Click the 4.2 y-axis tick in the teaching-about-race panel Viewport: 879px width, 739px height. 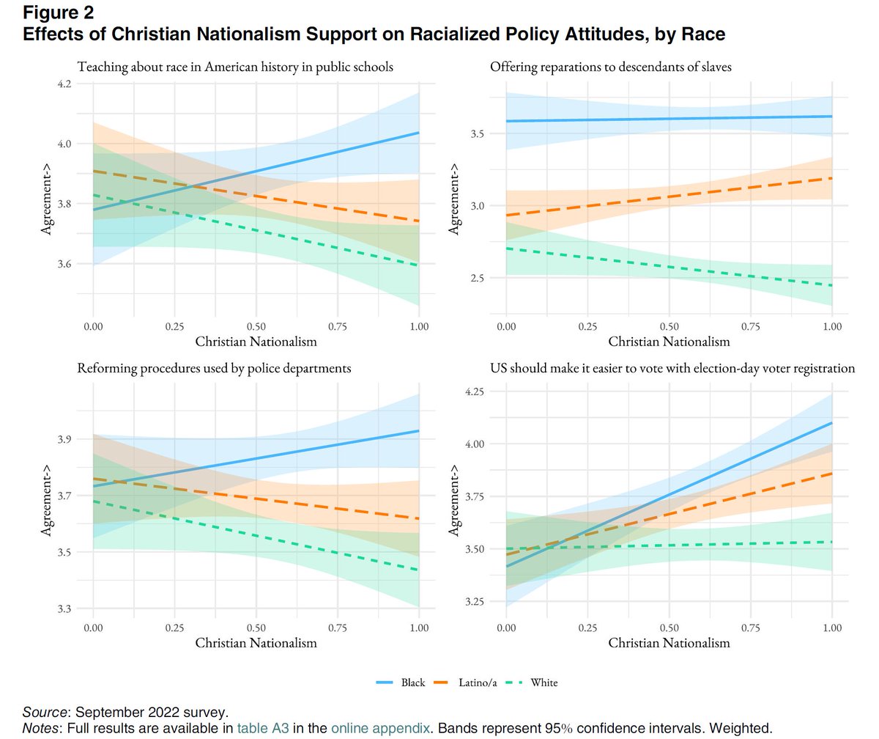(x=64, y=84)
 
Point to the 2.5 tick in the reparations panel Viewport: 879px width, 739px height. (x=477, y=278)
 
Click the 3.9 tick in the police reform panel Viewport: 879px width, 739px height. (x=64, y=440)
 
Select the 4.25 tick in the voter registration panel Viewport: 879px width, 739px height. (x=475, y=392)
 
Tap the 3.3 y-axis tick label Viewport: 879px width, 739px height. (x=64, y=609)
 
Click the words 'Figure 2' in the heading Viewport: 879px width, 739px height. (x=59, y=12)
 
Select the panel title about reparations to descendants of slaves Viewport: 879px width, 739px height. (x=611, y=67)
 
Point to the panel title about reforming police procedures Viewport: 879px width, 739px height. (x=214, y=368)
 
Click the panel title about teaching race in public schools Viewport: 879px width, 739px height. (x=235, y=67)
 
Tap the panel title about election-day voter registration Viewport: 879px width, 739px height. (x=672, y=368)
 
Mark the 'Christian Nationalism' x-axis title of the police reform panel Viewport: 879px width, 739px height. (x=256, y=643)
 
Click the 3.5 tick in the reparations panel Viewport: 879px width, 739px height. (x=477, y=134)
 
